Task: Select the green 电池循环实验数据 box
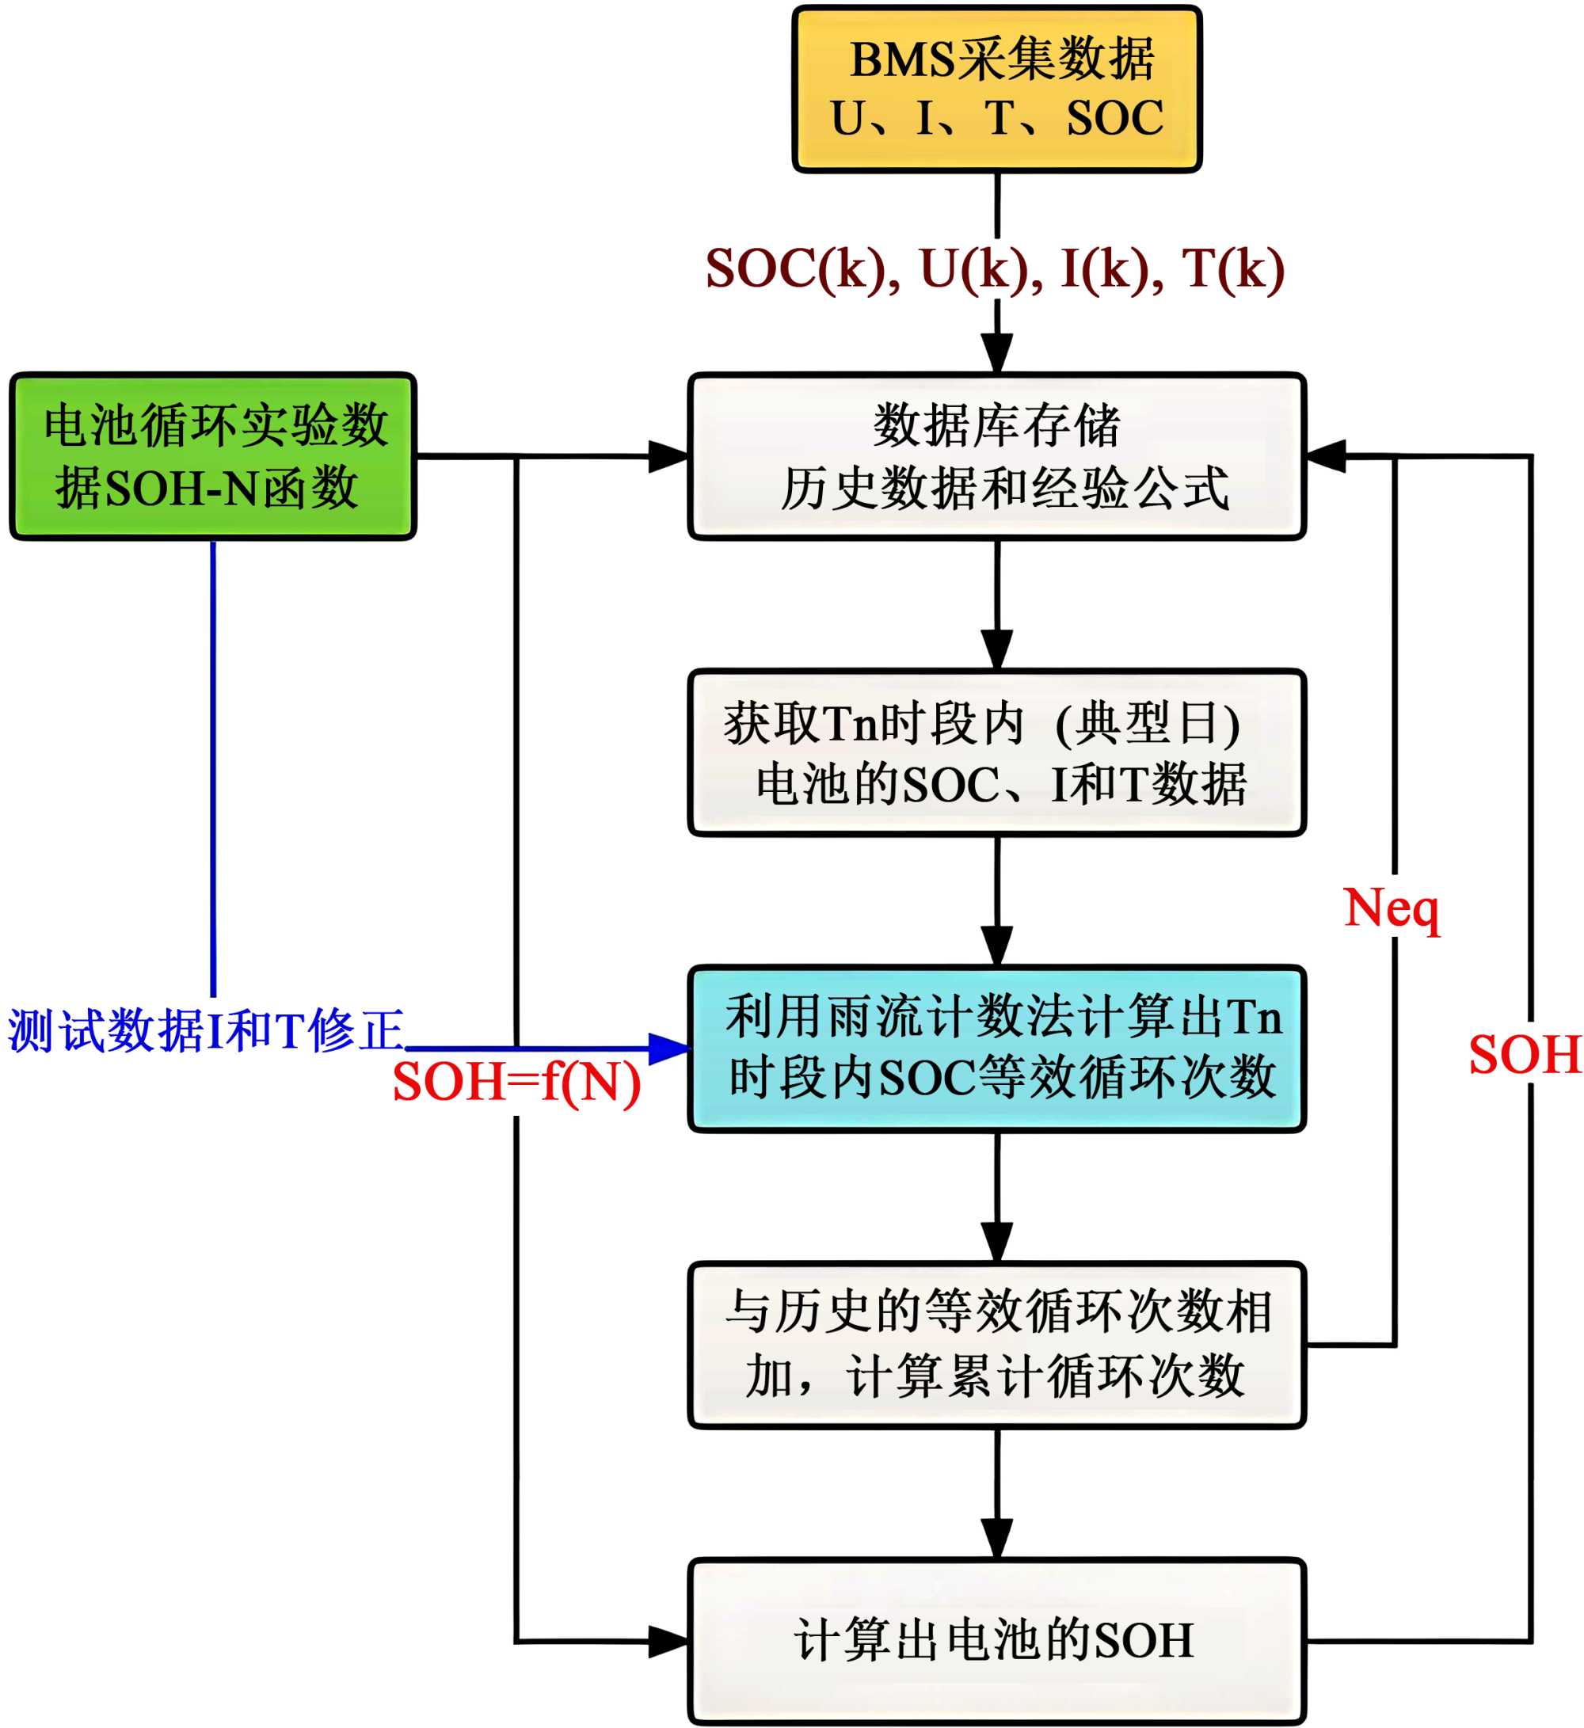(x=212, y=456)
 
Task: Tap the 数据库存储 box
(x=997, y=456)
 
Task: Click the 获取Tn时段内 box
(x=997, y=752)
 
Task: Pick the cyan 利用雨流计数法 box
(x=997, y=1049)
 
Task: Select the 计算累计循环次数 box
(x=997, y=1345)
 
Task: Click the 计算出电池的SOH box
(x=997, y=1642)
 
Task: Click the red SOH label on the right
(x=1525, y=1054)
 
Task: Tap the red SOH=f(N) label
(x=516, y=1082)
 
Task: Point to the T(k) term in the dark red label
(x=1232, y=269)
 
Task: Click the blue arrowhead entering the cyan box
(x=669, y=1049)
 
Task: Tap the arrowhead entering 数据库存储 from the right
(x=1325, y=456)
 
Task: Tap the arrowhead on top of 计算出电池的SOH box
(x=997, y=1540)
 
